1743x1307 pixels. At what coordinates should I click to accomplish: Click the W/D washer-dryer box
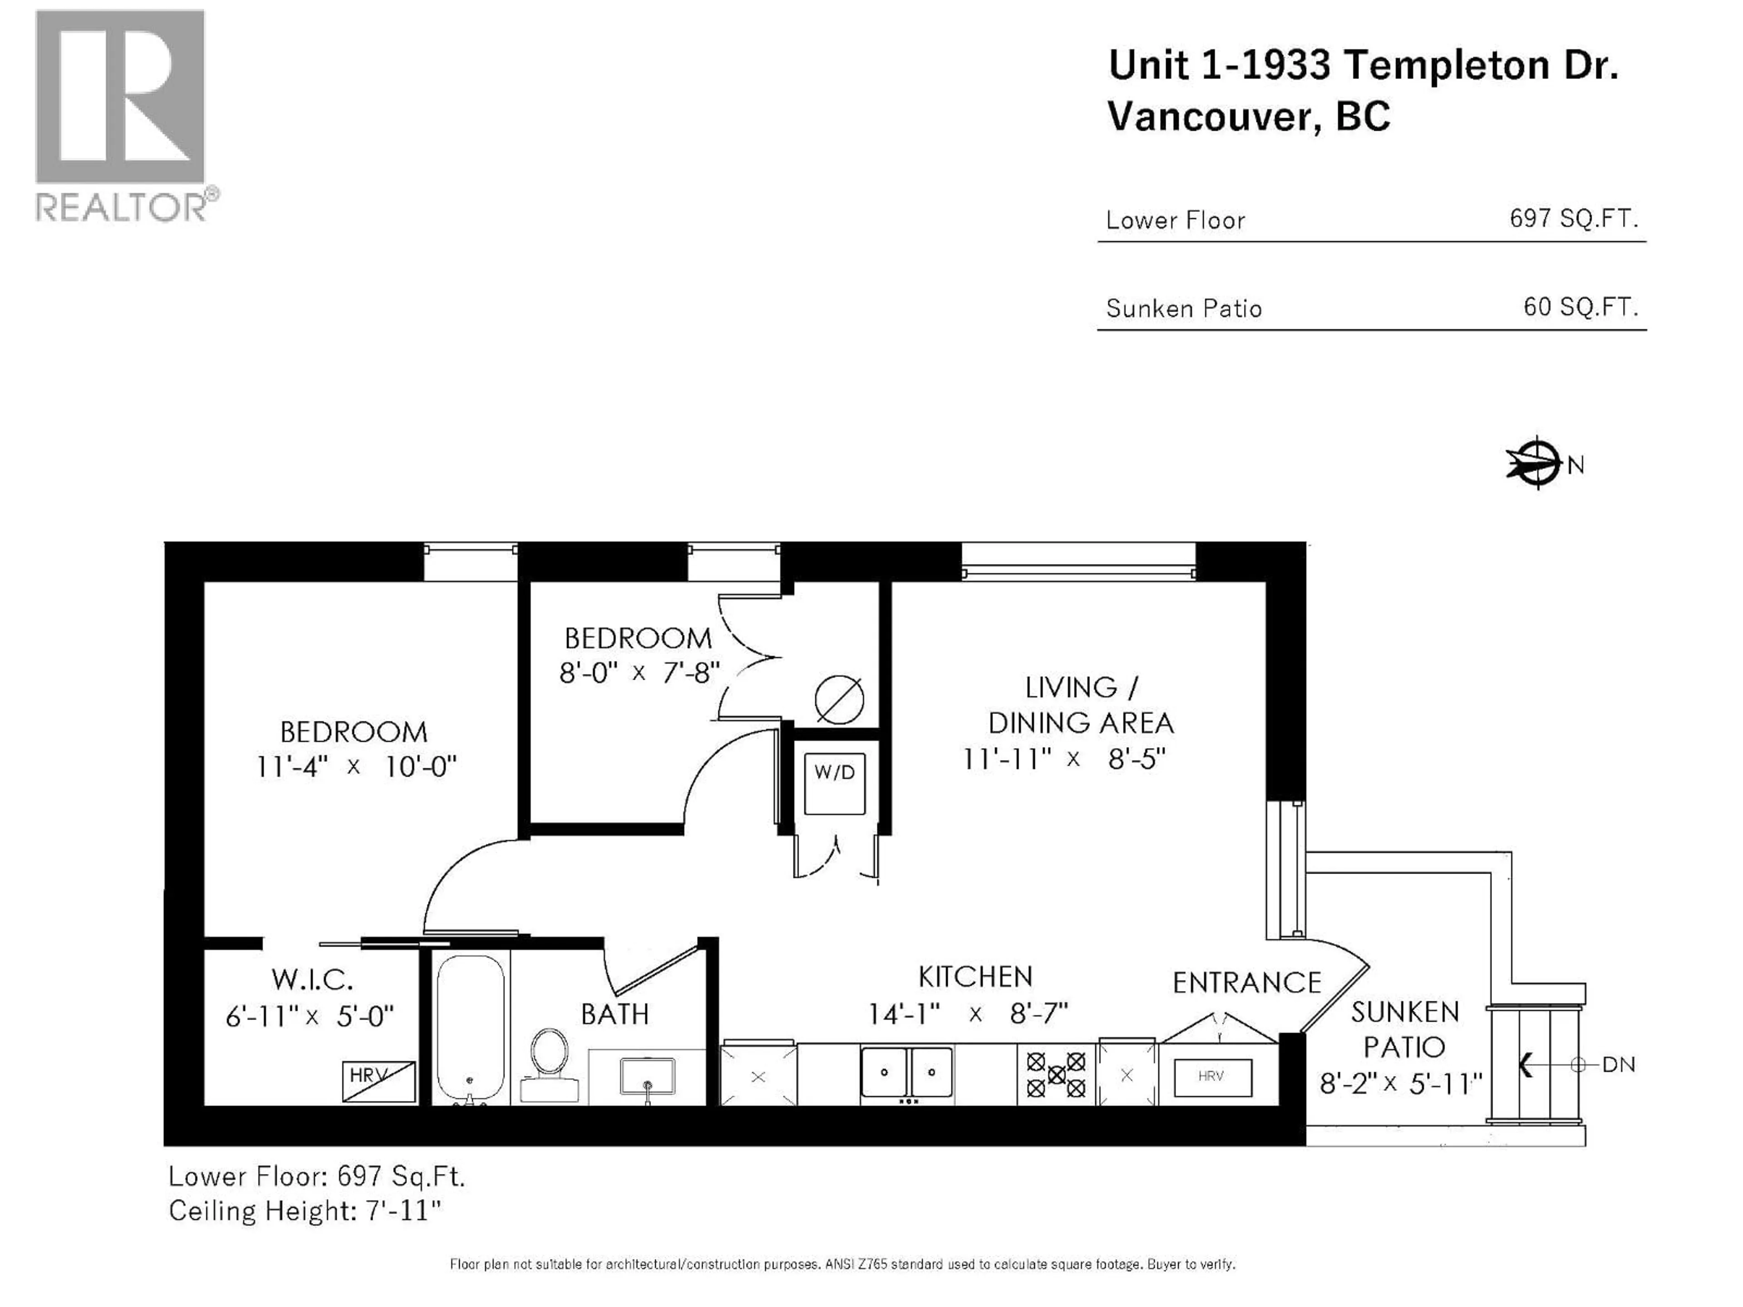tap(834, 783)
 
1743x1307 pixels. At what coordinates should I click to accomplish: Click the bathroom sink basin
tap(647, 1076)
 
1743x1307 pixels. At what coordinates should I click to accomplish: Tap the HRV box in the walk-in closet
tap(378, 1080)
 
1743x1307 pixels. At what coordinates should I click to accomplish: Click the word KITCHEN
tap(975, 977)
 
